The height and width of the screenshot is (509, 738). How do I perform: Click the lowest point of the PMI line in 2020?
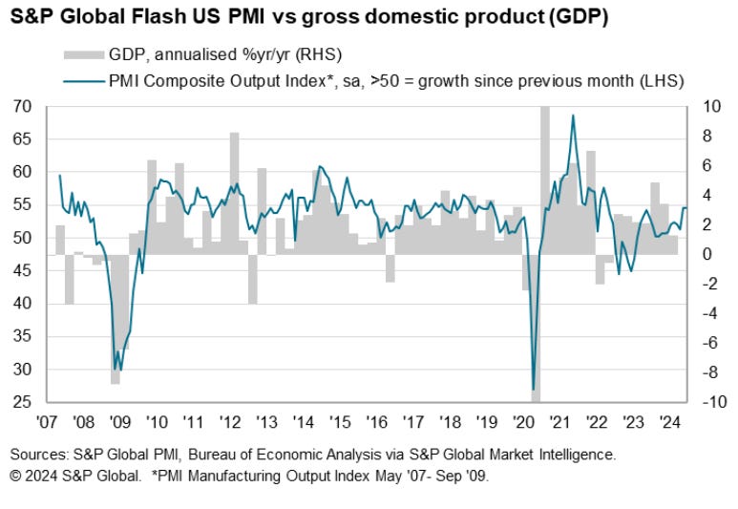click(533, 390)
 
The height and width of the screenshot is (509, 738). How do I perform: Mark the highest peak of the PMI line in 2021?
click(573, 116)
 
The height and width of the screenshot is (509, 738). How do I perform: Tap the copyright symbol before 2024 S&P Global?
click(16, 476)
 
